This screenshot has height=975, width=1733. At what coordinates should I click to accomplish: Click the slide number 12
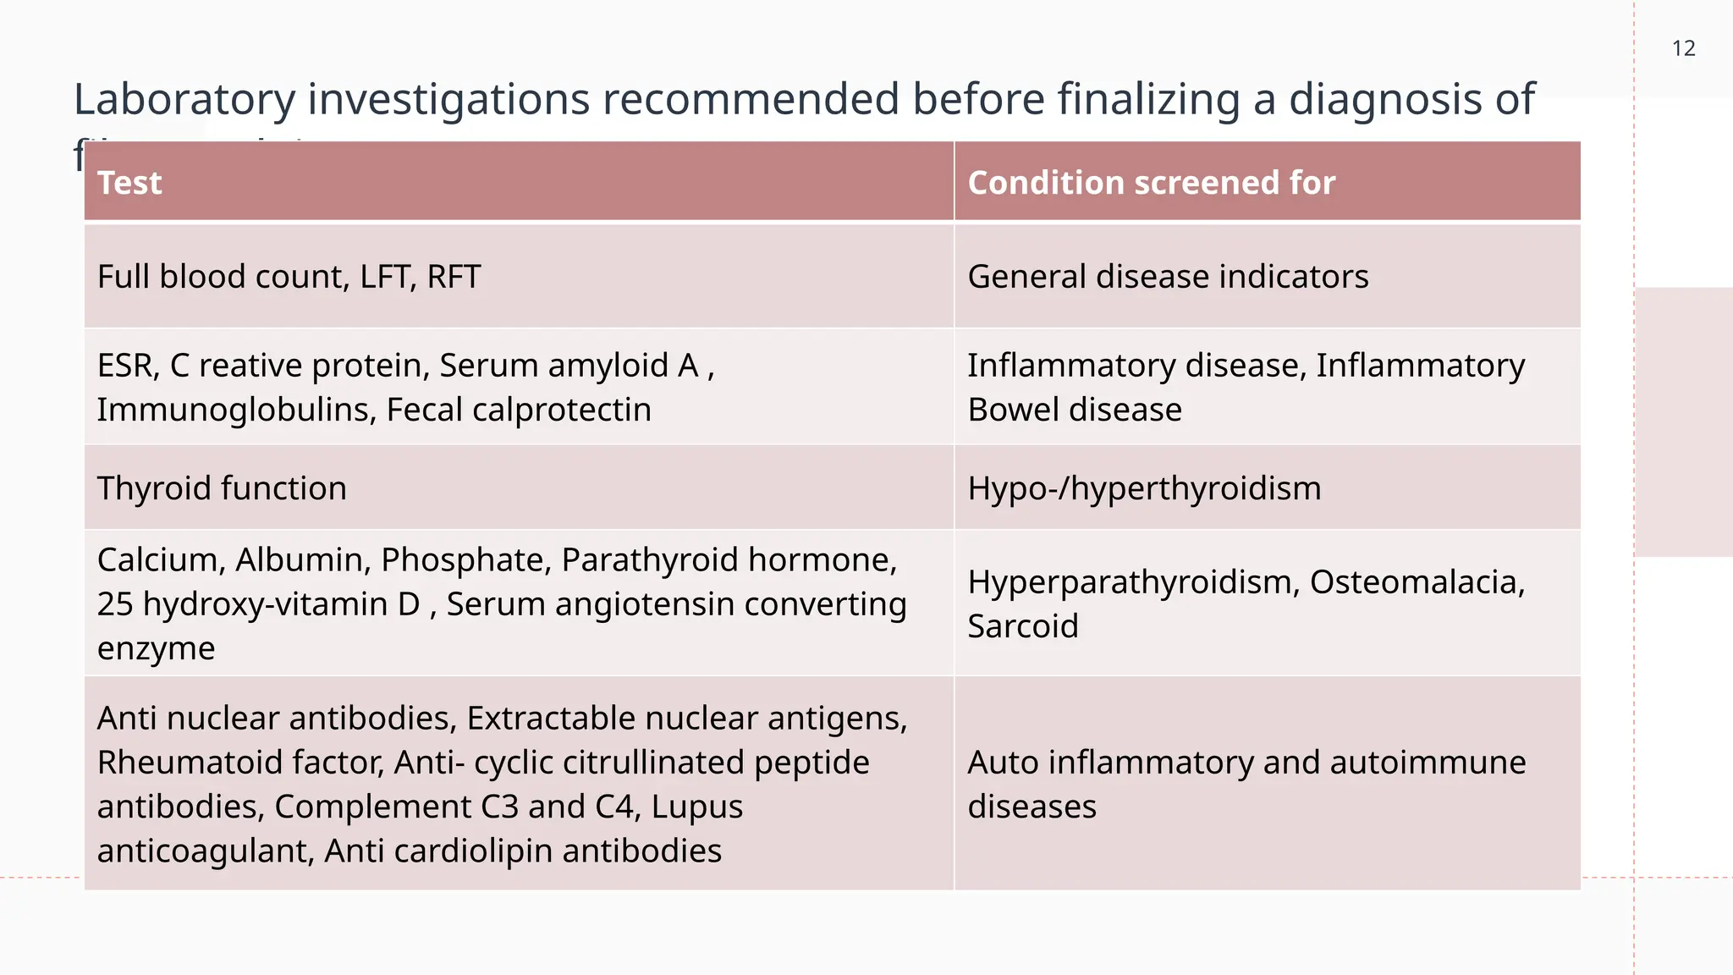coord(1683,49)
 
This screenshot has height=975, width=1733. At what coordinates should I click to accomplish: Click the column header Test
coord(129,183)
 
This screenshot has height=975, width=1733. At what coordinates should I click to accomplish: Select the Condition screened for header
coord(1151,183)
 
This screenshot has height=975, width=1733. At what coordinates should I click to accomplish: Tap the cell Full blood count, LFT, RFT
coord(289,277)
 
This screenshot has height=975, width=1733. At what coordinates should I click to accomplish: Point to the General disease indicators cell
coord(1168,277)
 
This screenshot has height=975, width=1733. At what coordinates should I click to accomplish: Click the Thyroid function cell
coord(222,488)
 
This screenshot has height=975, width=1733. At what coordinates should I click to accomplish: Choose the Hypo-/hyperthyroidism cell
coord(1144,488)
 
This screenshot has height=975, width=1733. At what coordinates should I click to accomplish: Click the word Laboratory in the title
coord(184,99)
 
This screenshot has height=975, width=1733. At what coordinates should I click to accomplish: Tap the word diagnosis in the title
coord(1378,99)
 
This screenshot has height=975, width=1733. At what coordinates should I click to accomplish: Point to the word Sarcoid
coord(1022,626)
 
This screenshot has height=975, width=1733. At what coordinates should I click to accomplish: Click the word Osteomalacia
coord(1417,582)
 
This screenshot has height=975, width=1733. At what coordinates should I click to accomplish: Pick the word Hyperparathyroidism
coord(1133,582)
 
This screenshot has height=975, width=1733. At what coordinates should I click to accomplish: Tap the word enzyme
coord(156,648)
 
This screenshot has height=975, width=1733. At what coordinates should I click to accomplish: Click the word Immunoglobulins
coord(237,410)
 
